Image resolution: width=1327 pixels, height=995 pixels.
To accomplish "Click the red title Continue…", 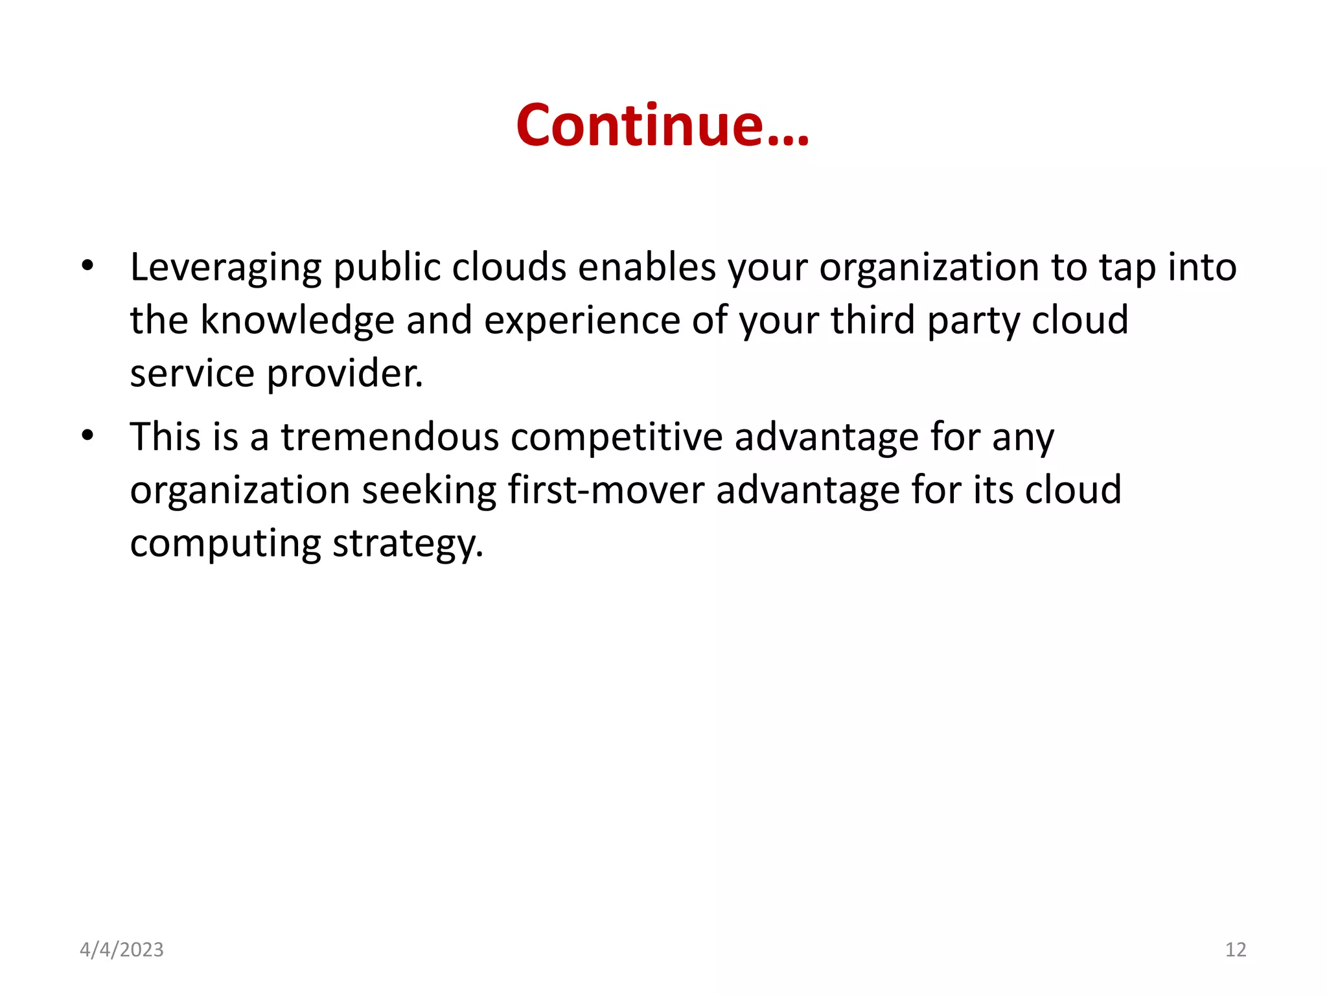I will tap(662, 125).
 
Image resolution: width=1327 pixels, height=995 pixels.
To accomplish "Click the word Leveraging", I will tap(225, 268).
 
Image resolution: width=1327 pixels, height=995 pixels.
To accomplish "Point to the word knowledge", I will tap(297, 321).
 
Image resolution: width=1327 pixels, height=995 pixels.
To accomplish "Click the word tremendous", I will tap(389, 437).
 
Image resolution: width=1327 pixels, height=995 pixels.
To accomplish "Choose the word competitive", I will tap(616, 437).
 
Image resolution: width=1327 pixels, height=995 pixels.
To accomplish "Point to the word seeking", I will tap(429, 490).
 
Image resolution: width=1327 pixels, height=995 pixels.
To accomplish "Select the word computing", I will tap(225, 544).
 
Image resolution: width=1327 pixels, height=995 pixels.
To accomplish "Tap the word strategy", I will tap(408, 544).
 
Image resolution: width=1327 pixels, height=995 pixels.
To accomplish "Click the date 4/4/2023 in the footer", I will tap(122, 950).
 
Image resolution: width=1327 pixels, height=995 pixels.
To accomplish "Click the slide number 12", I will tap(1236, 950).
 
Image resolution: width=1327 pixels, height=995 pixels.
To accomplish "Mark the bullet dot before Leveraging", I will tap(87, 266).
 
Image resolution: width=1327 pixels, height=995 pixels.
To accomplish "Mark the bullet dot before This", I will tap(87, 435).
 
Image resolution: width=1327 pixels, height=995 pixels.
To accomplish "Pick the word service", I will tap(192, 374).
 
